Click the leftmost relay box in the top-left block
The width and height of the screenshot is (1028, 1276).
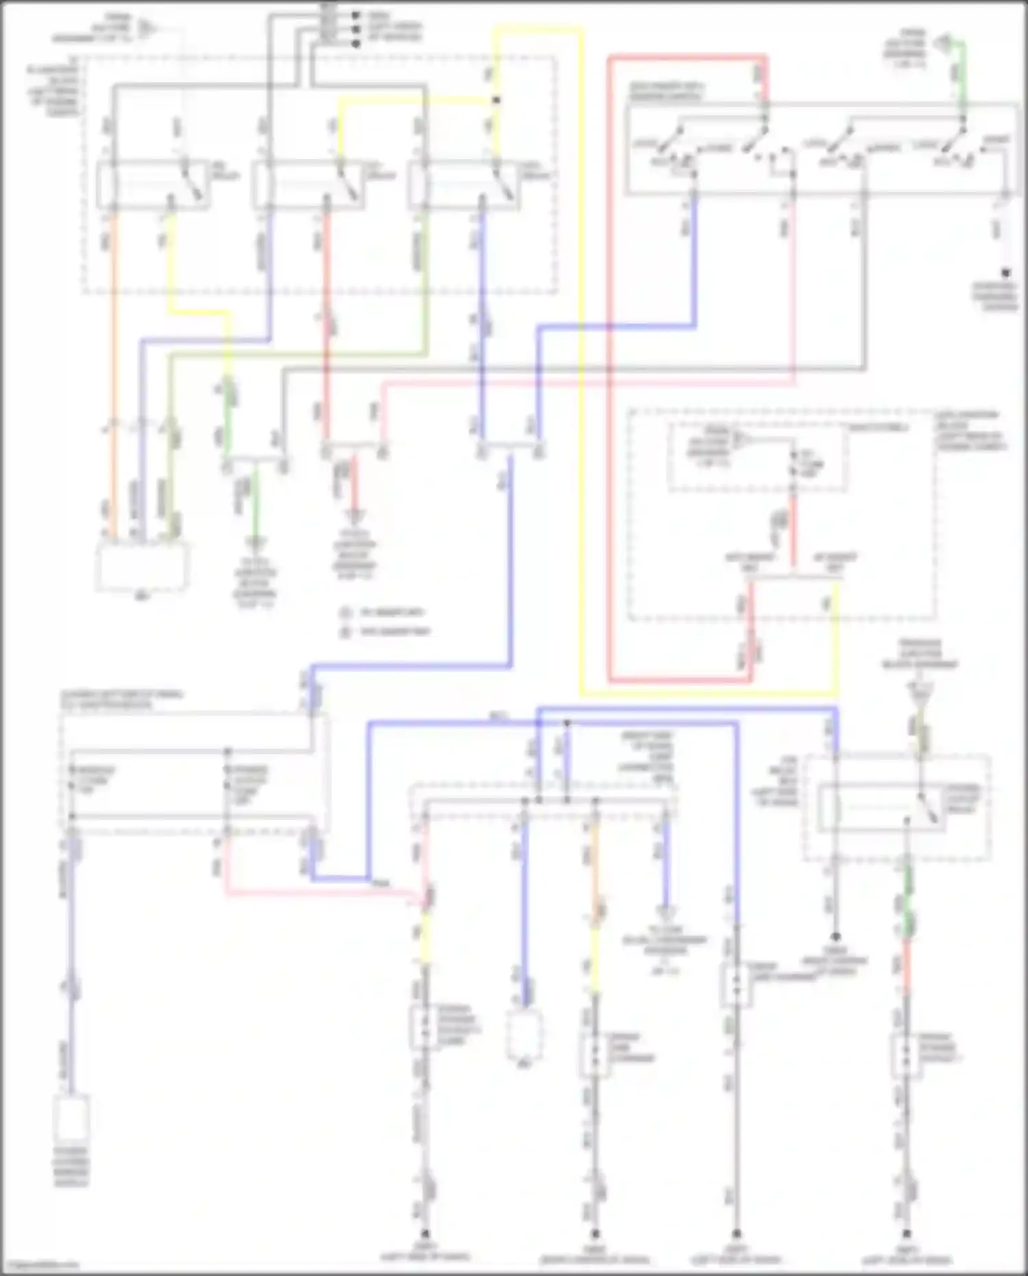152,184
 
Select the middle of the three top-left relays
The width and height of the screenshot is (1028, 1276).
307,184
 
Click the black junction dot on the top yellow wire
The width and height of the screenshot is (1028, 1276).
496,100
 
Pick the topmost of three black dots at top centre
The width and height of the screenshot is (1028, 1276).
356,14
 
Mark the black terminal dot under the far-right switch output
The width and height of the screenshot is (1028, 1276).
1006,272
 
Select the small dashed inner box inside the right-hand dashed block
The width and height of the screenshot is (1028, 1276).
757,456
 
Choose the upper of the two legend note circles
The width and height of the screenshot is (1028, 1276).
345,612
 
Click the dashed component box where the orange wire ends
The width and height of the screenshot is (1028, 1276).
141,566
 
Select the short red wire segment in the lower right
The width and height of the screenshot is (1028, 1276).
906,967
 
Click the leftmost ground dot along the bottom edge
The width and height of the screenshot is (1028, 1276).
424,1232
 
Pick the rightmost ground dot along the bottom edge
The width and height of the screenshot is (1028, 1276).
906,1232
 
